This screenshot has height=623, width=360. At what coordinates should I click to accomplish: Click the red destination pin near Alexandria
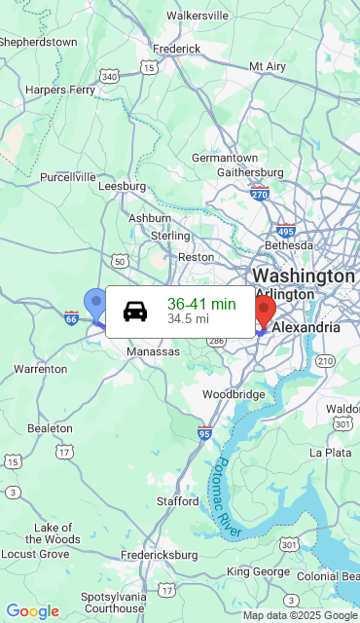click(264, 311)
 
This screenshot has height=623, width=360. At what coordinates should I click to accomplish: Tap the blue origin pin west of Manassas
click(94, 303)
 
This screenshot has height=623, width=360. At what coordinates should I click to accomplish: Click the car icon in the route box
click(135, 311)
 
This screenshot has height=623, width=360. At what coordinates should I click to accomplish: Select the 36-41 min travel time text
click(201, 304)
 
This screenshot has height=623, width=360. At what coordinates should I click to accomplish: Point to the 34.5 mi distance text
click(188, 318)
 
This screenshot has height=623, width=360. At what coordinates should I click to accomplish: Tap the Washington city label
click(304, 275)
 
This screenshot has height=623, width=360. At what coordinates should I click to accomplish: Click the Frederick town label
click(176, 48)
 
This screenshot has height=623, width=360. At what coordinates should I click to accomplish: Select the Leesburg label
click(122, 186)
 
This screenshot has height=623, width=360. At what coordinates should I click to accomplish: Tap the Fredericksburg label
click(159, 555)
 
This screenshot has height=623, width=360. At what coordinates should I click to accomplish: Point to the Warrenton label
click(40, 369)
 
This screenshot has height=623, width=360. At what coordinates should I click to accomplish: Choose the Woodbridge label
click(234, 394)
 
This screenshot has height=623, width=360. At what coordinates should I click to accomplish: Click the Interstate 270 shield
click(259, 193)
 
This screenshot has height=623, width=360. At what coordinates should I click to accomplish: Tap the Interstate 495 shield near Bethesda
click(285, 231)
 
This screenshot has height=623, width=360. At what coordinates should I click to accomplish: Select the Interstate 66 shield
click(71, 317)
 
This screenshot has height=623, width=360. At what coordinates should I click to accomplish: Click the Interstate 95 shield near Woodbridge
click(204, 432)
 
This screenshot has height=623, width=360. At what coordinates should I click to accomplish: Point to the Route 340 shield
click(110, 76)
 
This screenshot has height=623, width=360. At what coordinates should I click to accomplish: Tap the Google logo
click(33, 611)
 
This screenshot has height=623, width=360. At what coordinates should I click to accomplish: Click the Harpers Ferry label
click(60, 90)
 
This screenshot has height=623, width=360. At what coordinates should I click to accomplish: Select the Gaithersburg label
click(250, 172)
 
